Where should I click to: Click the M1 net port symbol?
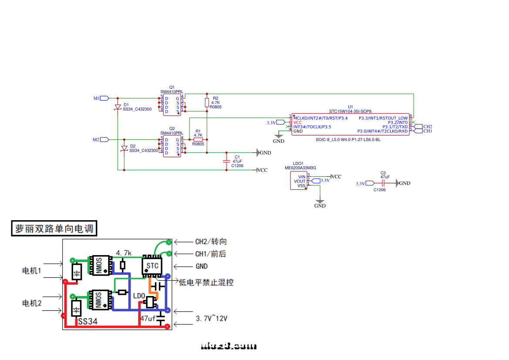click(x=104, y=98)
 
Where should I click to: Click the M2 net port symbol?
click(x=104, y=140)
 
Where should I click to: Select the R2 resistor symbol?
click(x=207, y=102)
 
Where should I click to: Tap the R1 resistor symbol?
click(x=198, y=140)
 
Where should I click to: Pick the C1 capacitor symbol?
click(x=226, y=161)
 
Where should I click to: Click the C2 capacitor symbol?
click(x=383, y=183)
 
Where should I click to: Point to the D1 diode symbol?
click(x=118, y=107)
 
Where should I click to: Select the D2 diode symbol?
click(x=125, y=148)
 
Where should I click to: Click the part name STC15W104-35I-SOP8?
click(x=350, y=111)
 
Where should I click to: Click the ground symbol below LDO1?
click(x=320, y=202)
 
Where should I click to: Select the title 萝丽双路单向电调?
click(x=54, y=229)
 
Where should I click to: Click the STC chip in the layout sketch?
click(x=152, y=266)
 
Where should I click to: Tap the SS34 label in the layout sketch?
click(x=88, y=322)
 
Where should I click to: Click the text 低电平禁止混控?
click(x=206, y=283)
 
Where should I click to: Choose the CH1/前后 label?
click(x=210, y=254)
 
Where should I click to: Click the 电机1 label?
click(x=31, y=271)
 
